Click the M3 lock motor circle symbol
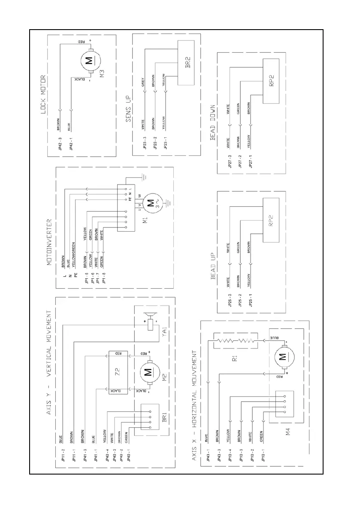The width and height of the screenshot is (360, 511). tap(89, 61)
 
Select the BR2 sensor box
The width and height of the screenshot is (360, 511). tap(187, 63)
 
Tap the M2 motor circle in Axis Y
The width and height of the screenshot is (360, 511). tap(148, 371)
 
